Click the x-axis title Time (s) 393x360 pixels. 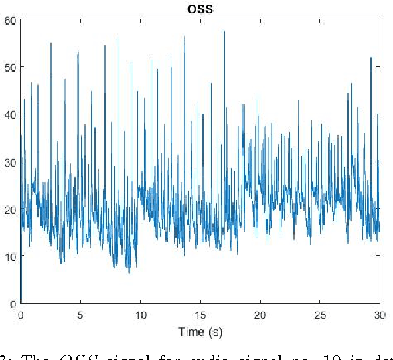pyautogui.click(x=200, y=330)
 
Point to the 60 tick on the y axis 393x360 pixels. pyautogui.click(x=9, y=20)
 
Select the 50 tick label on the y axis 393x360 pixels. pyautogui.click(x=9, y=67)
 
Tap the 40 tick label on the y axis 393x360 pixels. pyautogui.click(x=9, y=114)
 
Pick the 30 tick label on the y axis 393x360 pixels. pyautogui.click(x=9, y=161)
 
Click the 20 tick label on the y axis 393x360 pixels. pyautogui.click(x=9, y=209)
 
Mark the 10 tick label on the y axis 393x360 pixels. pyautogui.click(x=9, y=256)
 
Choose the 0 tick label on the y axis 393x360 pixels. pyautogui.click(x=12, y=304)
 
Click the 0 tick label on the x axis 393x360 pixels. pyautogui.click(x=21, y=314)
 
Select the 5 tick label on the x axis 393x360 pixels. pyautogui.click(x=80, y=314)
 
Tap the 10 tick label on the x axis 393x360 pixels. pyautogui.click(x=140, y=314)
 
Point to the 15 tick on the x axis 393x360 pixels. pyautogui.click(x=200, y=314)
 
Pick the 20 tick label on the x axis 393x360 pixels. pyautogui.click(x=260, y=314)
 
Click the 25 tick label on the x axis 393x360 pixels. pyautogui.click(x=319, y=314)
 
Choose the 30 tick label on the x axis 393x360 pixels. pyautogui.click(x=378, y=314)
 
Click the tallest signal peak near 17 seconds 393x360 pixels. pyautogui.click(x=224, y=31)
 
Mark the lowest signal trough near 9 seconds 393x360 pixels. pyautogui.click(x=129, y=273)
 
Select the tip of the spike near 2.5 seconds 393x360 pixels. pyautogui.click(x=51, y=43)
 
